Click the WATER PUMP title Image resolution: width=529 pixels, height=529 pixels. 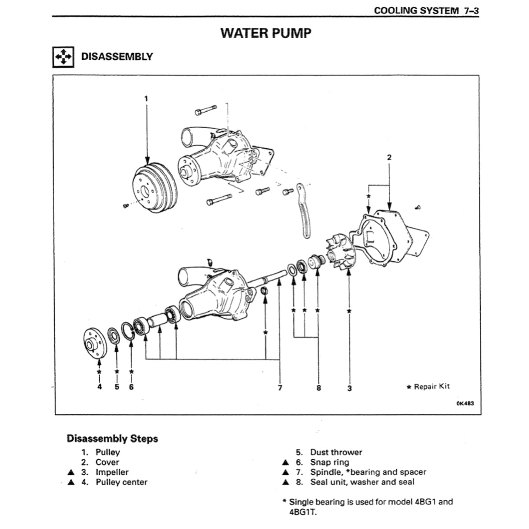coord(266,34)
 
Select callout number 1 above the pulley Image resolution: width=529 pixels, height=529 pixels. coord(146,98)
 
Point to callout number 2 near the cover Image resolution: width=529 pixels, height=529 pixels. coord(389,157)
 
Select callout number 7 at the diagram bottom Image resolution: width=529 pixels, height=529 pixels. coord(279,388)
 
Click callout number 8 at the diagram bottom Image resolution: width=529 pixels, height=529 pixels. coord(318,388)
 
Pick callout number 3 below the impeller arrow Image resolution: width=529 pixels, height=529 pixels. coord(350,388)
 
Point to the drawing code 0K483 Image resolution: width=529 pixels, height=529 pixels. coord(464,404)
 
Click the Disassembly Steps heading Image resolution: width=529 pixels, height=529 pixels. coord(112,439)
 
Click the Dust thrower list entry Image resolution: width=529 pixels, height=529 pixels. coord(336,452)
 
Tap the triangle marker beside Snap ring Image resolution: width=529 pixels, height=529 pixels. coord(285,462)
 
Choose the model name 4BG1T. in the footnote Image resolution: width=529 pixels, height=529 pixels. coord(301,511)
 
